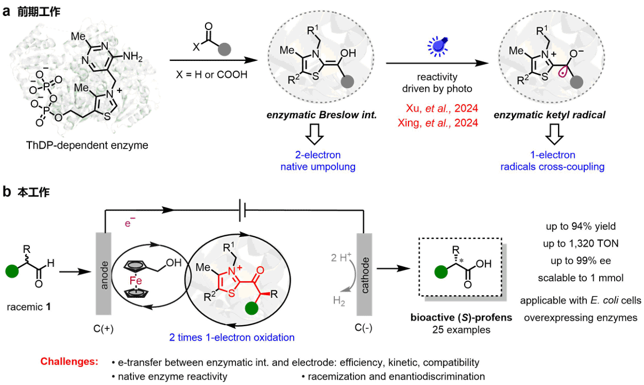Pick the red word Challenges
(x=69, y=362)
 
